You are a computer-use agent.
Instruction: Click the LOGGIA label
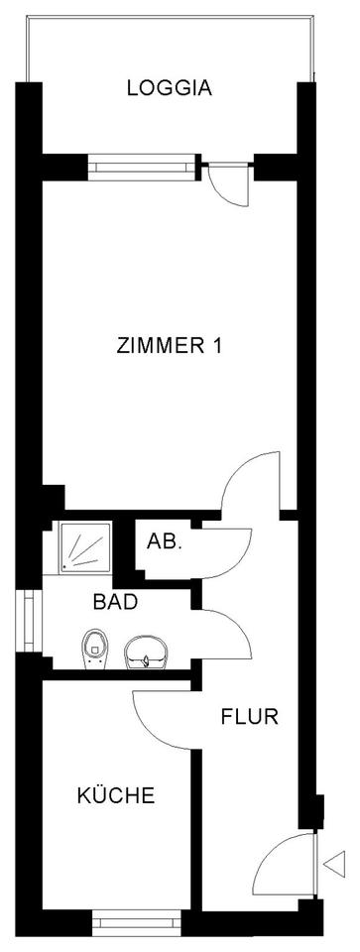pos(170,88)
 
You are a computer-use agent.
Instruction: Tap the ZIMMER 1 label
pos(169,347)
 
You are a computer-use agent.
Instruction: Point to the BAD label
pos(114,601)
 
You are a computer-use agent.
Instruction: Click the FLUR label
pos(249,715)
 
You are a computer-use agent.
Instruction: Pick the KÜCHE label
pos(115,795)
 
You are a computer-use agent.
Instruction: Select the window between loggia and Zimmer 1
pos(138,165)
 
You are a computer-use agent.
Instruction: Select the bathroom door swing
pos(227,633)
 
